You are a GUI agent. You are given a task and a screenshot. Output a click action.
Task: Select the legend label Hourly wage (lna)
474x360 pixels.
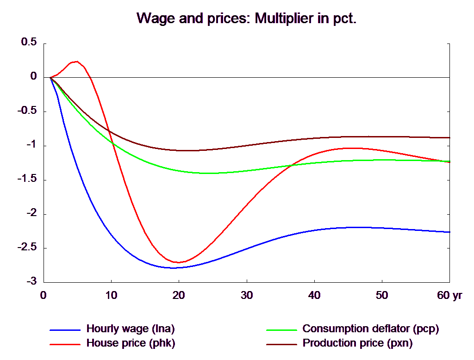coord(131,329)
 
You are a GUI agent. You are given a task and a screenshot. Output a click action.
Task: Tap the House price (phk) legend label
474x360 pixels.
coord(131,343)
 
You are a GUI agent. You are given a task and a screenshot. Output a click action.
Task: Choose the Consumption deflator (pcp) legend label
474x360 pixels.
coord(371,329)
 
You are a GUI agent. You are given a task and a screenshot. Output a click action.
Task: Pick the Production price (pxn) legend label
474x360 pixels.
coord(358,343)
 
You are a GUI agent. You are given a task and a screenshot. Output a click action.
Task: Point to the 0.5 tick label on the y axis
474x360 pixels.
coord(29,42)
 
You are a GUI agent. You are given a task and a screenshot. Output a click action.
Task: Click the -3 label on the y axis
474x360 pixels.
coord(31,281)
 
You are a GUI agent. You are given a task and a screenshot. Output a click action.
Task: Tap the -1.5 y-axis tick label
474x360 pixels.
coord(27,179)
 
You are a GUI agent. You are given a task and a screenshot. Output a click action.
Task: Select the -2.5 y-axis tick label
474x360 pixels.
coord(27,247)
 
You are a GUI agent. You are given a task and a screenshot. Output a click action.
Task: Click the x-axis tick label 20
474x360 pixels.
coord(179,295)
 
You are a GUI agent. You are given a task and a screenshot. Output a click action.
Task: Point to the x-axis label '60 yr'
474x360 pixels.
coord(449,295)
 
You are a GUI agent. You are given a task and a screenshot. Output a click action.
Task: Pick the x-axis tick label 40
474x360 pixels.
coord(314,295)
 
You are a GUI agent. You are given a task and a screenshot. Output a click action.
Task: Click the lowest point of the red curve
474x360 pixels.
coord(178,262)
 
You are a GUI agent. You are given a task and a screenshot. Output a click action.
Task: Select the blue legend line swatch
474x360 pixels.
coord(65,330)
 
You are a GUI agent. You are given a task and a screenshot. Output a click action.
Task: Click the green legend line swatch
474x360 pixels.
coord(281,330)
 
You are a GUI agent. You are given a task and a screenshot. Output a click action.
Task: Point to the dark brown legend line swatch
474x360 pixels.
coord(281,344)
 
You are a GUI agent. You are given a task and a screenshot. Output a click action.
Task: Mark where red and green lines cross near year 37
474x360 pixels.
coord(292,165)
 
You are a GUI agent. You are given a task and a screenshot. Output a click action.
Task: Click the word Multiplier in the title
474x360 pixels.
coord(284,19)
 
